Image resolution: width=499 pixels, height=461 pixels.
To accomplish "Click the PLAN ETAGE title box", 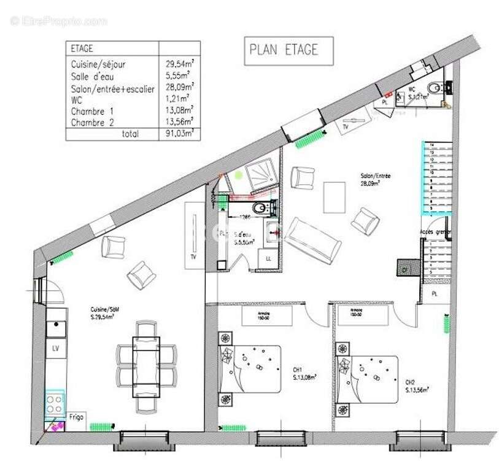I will (289, 51).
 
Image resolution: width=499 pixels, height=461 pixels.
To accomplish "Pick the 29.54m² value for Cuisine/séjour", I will (179, 64).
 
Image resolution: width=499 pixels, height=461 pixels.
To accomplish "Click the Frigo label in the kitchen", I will (77, 416).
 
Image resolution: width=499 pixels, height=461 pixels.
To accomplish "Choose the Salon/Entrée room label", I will (376, 179).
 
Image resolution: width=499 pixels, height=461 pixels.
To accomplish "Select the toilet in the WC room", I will (436, 88).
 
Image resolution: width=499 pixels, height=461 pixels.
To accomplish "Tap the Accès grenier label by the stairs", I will (435, 232).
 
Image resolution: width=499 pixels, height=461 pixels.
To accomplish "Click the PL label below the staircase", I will (435, 293).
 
